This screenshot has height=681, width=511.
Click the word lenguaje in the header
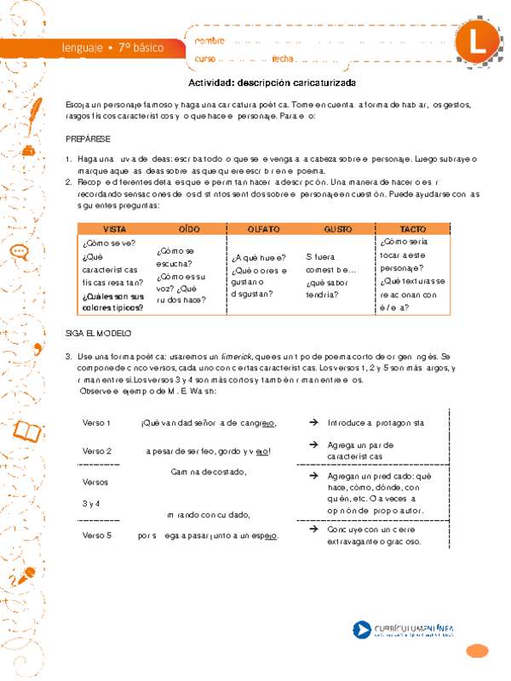[84, 47]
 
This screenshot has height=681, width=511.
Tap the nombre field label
[210, 40]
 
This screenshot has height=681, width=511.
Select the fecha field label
[283, 58]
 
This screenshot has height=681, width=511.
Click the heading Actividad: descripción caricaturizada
[272, 83]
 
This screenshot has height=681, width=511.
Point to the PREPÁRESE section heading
[88, 138]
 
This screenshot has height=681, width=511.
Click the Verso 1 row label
[97, 422]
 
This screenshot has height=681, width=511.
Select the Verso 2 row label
[97, 450]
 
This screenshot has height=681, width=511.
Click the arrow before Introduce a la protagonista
[313, 422]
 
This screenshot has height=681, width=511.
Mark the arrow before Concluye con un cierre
[313, 529]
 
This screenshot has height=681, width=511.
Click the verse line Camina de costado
[209, 471]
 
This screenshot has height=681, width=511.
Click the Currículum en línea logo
[408, 631]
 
